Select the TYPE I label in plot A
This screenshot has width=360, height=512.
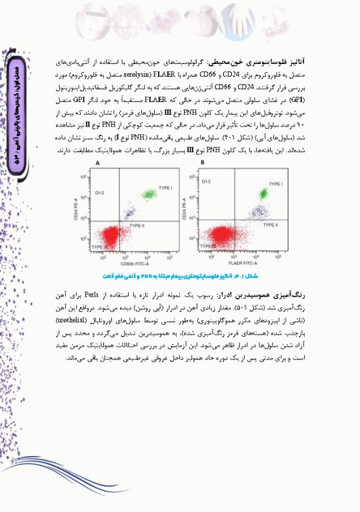point(165,189)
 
